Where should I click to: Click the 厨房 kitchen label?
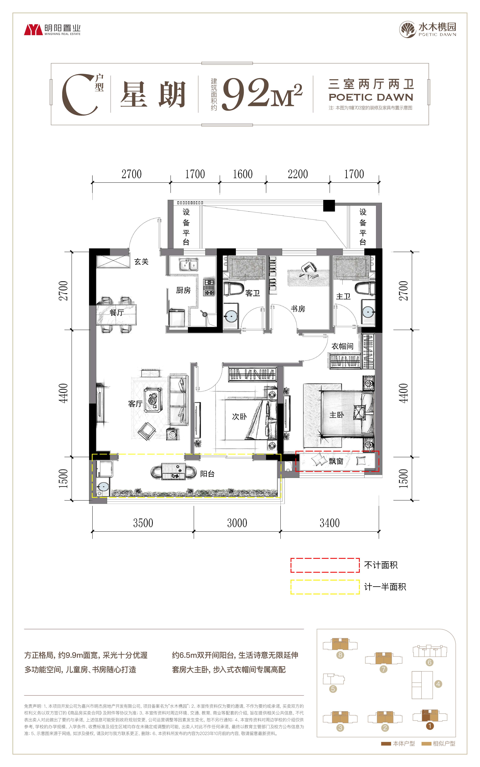tap(183, 290)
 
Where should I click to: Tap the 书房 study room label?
tap(298, 309)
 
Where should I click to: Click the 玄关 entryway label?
tap(141, 262)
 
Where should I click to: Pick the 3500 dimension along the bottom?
tap(143, 523)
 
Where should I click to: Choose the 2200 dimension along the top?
tap(298, 174)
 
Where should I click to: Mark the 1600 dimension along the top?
tap(243, 174)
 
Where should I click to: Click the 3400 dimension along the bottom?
tap(330, 523)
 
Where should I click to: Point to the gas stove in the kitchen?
tap(209, 287)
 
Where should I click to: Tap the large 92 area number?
tap(245, 94)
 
